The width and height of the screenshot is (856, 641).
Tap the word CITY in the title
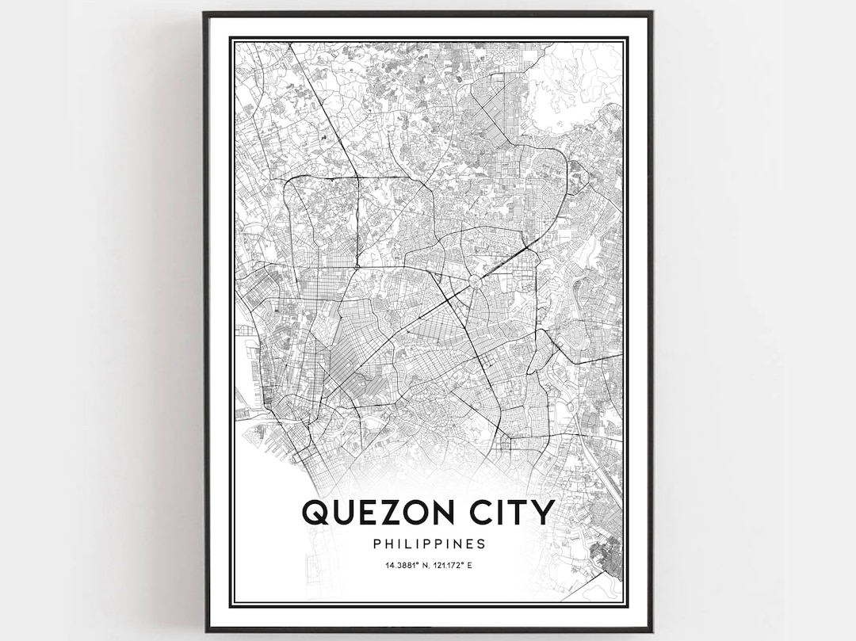point(512,512)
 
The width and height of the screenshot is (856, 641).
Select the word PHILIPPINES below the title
point(428,544)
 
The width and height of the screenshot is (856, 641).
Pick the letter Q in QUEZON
point(315,513)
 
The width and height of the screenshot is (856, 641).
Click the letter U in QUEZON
point(342,512)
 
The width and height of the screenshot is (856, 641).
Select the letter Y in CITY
point(542,512)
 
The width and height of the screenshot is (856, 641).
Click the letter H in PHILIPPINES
point(386,544)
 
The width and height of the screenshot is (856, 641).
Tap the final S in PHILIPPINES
point(481,544)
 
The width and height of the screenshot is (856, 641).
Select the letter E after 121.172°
point(473,566)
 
